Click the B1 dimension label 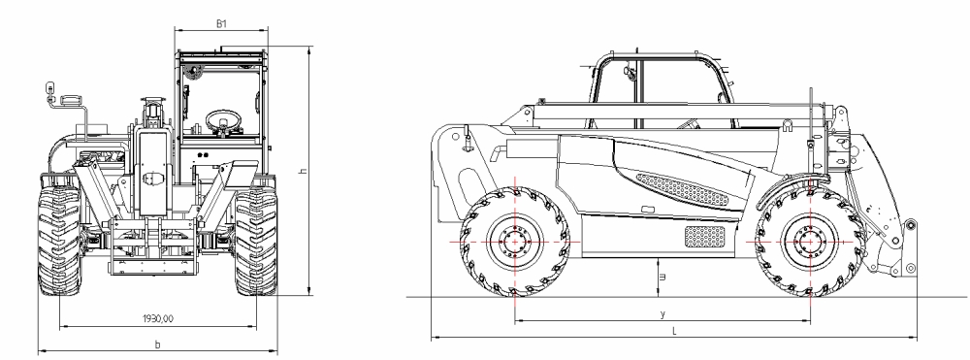tap(220, 21)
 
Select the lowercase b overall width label tap(158, 344)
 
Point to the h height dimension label tap(303, 171)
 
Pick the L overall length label tap(673, 332)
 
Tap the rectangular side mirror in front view tap(71, 100)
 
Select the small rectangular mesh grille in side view tap(705, 236)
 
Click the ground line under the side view tap(679, 295)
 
